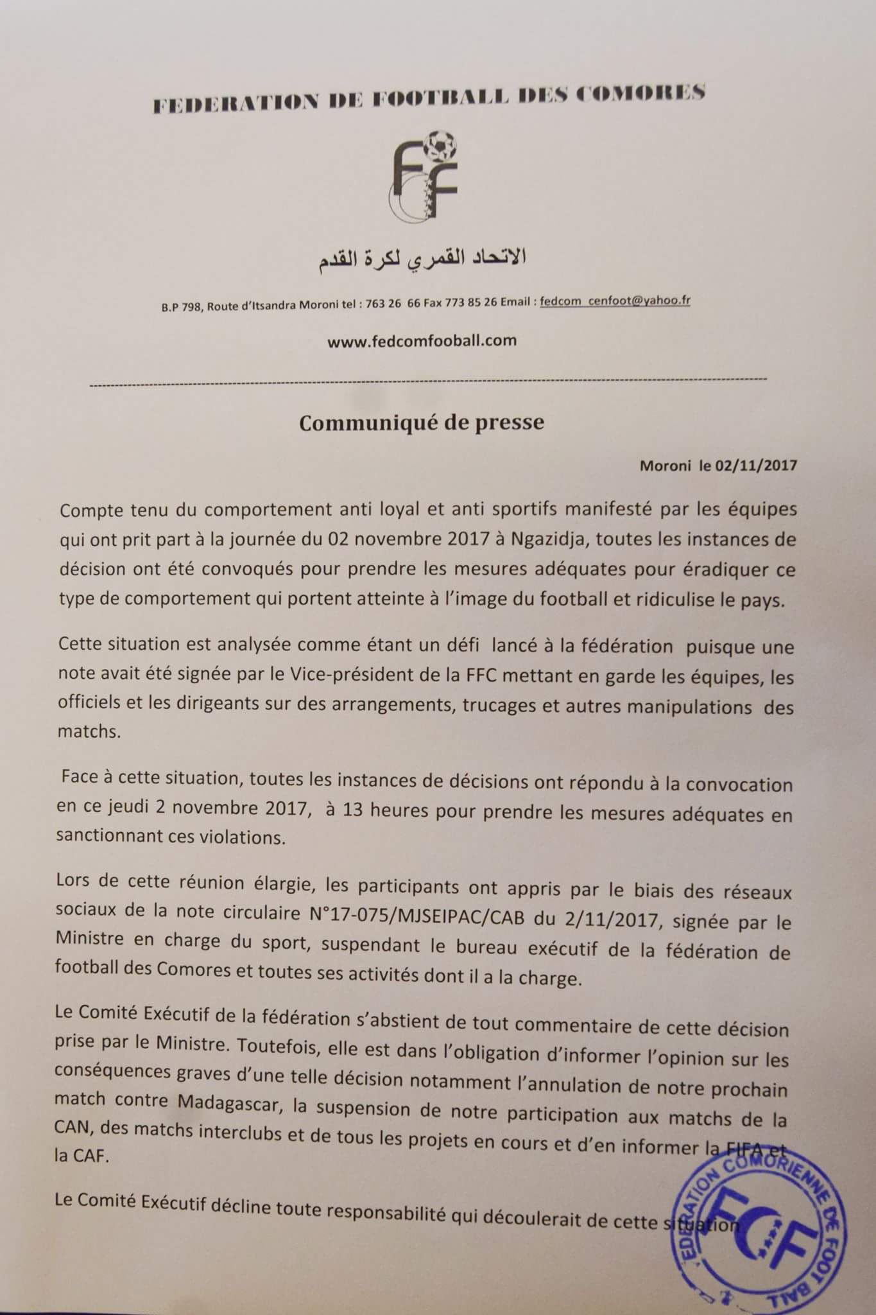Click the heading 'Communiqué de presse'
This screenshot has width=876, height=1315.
[422, 422]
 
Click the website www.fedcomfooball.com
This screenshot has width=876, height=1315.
[422, 341]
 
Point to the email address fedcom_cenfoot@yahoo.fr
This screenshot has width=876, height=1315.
[615, 300]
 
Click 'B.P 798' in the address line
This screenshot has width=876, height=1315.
[181, 306]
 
